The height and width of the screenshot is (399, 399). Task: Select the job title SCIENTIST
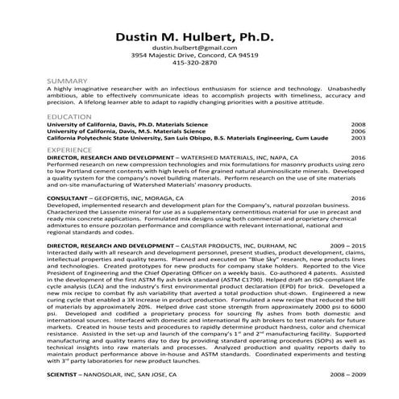pyautogui.click(x=66, y=375)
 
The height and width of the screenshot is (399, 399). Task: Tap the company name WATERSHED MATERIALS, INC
pyautogui.click(x=210, y=157)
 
